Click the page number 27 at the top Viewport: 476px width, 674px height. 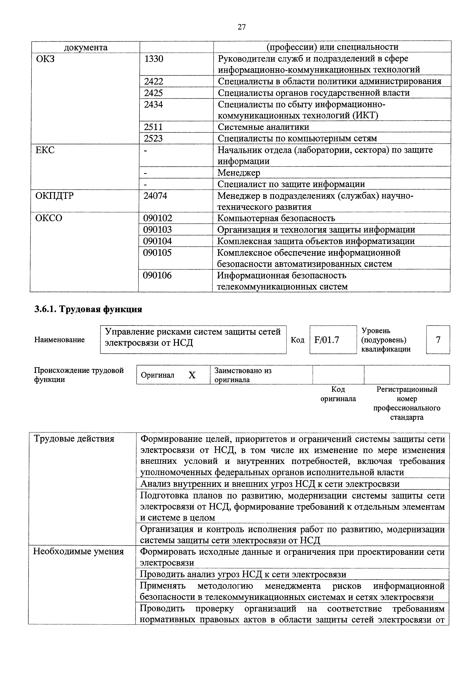click(241, 27)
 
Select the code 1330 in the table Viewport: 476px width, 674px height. click(154, 59)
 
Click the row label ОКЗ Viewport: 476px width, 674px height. click(46, 59)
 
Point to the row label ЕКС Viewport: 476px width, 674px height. click(45, 150)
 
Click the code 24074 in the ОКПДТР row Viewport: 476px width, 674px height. click(155, 196)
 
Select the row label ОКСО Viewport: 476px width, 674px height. click(49, 218)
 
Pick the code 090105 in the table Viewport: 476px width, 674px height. click(157, 252)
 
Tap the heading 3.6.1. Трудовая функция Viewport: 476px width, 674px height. click(88, 309)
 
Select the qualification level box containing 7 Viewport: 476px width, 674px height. click(438, 340)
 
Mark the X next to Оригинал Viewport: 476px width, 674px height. click(192, 375)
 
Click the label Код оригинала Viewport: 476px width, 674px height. click(338, 394)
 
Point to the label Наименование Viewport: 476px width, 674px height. click(60, 340)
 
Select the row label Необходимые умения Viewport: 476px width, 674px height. click(78, 552)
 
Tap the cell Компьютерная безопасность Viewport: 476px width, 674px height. click(276, 218)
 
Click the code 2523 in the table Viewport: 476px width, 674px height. click(153, 138)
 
